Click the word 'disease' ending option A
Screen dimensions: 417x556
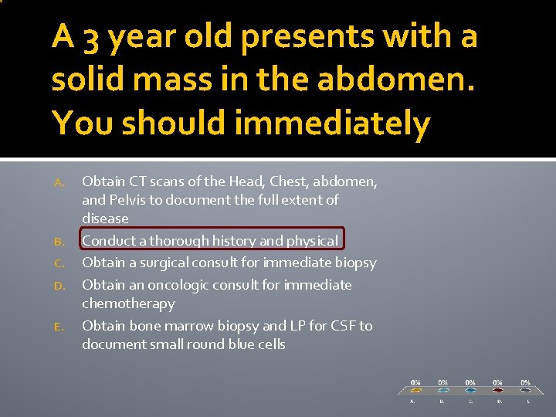pos(105,219)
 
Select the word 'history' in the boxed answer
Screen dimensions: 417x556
pos(256,240)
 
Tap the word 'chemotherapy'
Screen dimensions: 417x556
pos(128,303)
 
